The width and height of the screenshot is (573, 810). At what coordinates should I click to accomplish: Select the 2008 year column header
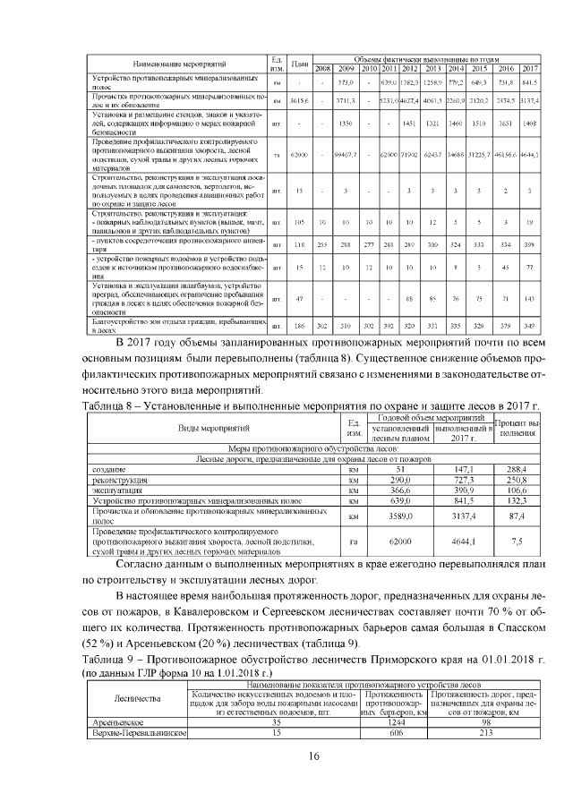[x=323, y=69]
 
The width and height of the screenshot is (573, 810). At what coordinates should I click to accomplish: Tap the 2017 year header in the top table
[x=529, y=69]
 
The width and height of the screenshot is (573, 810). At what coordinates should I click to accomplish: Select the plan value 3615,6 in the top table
[x=300, y=100]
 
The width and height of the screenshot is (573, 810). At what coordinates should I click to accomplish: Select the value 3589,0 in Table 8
[x=401, y=516]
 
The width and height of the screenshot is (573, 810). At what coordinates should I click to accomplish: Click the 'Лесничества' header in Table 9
[x=135, y=699]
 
